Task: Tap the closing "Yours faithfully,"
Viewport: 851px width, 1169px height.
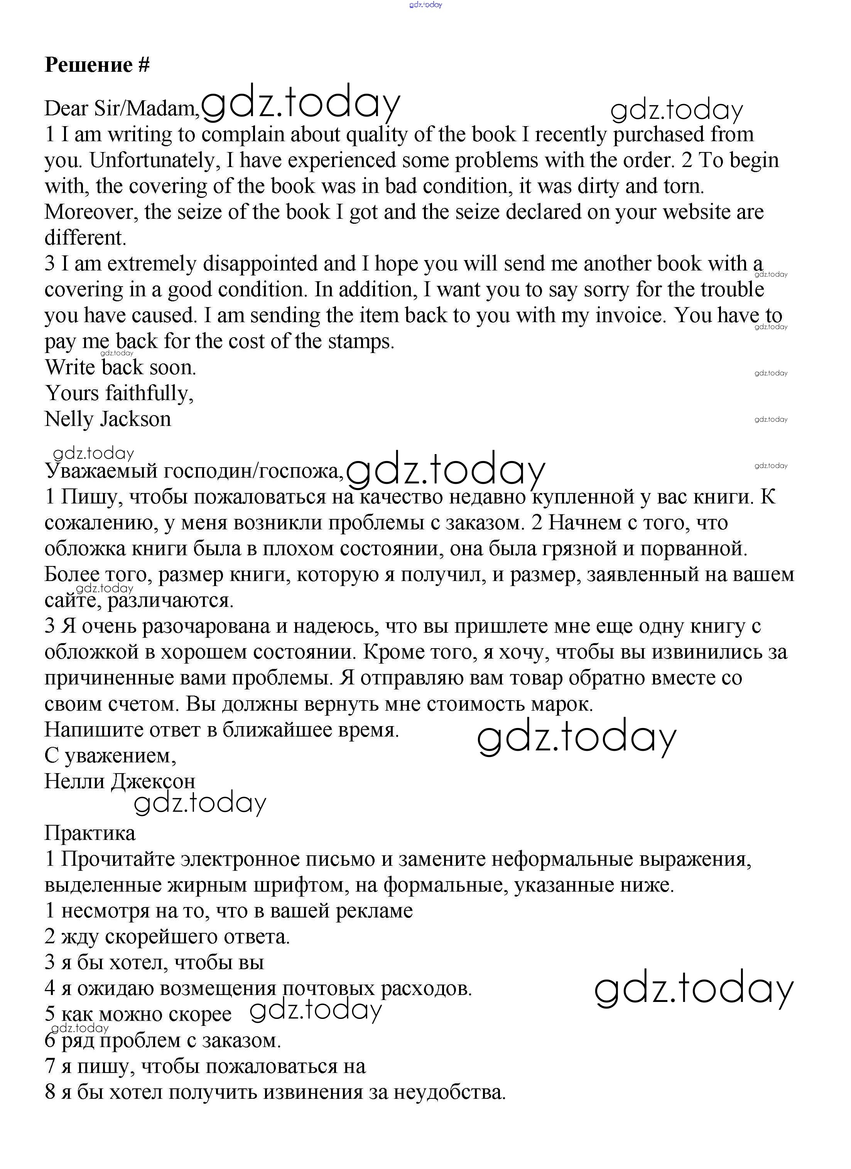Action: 119,393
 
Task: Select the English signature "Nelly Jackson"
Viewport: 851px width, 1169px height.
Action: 108,419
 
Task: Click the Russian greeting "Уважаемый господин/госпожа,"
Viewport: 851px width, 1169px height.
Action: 194,471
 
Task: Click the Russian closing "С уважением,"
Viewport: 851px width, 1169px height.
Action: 110,756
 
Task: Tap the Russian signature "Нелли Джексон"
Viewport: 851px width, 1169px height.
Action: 120,781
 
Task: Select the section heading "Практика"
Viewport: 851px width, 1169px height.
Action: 90,833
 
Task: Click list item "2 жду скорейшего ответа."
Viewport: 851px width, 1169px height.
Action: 167,936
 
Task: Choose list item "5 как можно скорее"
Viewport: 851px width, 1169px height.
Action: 138,1014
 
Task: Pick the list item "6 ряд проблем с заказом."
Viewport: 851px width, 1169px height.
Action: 163,1040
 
